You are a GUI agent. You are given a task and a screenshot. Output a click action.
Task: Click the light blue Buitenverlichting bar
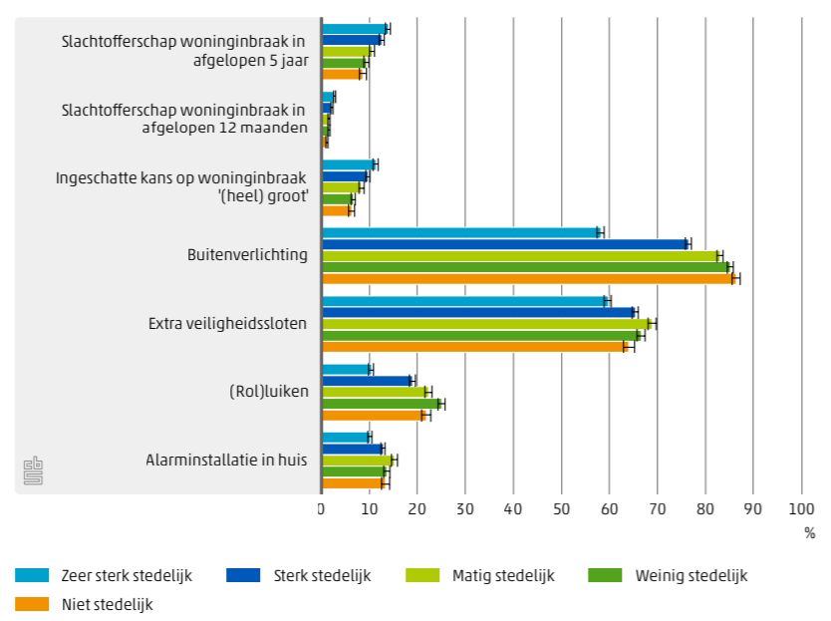459,232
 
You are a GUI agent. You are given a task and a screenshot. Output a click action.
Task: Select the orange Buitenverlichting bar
528,278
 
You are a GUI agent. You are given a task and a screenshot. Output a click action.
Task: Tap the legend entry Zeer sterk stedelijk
104,575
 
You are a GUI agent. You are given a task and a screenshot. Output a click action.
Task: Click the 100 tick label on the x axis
801,509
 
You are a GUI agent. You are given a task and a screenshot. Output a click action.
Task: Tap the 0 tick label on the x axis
322,509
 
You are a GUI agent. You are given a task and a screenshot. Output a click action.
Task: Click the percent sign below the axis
809,533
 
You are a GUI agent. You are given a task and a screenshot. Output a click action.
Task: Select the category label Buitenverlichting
247,255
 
